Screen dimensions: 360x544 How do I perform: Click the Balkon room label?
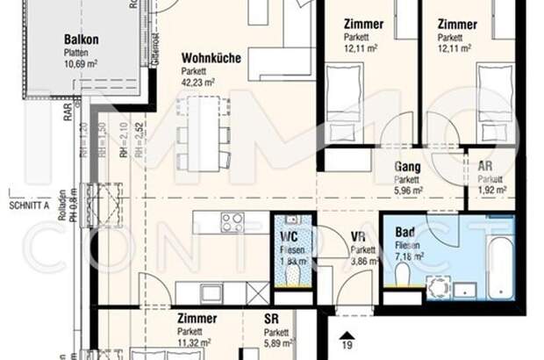(81, 39)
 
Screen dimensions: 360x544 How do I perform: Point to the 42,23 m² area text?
(198, 83)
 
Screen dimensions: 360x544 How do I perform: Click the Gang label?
(407, 167)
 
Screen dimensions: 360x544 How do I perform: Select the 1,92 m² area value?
(491, 189)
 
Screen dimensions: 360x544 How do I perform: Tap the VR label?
(358, 237)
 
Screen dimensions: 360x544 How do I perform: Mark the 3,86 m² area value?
(363, 261)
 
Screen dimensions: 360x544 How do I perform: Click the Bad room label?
(405, 232)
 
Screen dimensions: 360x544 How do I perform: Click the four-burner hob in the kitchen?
(233, 222)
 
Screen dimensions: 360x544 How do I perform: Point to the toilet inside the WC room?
(293, 273)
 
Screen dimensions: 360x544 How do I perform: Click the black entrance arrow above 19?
(347, 335)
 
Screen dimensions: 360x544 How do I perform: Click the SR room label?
(271, 320)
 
